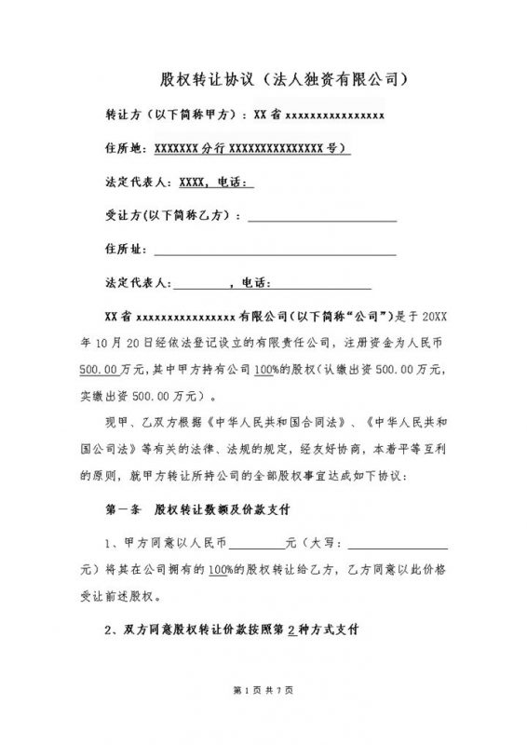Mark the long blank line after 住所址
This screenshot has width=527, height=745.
pyautogui.click(x=276, y=251)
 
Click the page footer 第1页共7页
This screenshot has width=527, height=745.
pyautogui.click(x=263, y=690)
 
